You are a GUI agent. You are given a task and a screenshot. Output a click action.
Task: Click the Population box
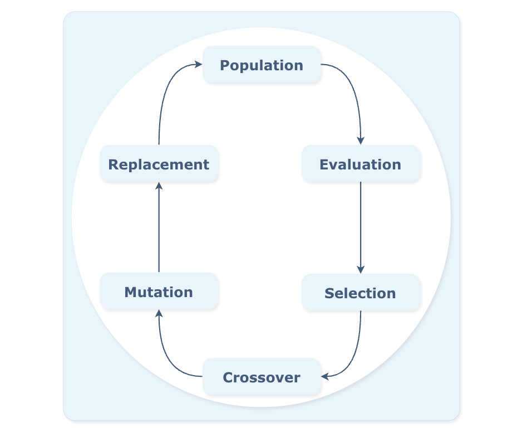coord(262,65)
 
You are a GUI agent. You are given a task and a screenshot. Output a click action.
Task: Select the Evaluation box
coord(361,164)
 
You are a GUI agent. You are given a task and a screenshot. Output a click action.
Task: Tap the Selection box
coord(361,293)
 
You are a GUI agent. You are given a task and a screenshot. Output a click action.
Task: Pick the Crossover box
coord(262,377)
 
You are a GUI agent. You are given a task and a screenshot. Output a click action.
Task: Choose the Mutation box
coord(159,292)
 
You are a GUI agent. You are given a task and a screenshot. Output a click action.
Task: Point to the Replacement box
coord(159,164)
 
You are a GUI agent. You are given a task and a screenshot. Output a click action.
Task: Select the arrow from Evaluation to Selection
coord(361,226)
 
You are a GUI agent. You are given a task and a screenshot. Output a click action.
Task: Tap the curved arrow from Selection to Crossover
coord(354,357)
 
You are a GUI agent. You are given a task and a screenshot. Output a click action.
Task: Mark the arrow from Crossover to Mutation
coord(167,357)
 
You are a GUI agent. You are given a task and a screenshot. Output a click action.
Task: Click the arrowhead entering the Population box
coord(198,65)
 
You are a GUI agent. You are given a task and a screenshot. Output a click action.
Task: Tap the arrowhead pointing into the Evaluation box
coord(361,140)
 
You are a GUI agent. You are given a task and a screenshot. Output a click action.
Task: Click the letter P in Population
coord(225,65)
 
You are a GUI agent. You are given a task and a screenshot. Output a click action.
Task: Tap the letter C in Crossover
coord(228,377)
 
